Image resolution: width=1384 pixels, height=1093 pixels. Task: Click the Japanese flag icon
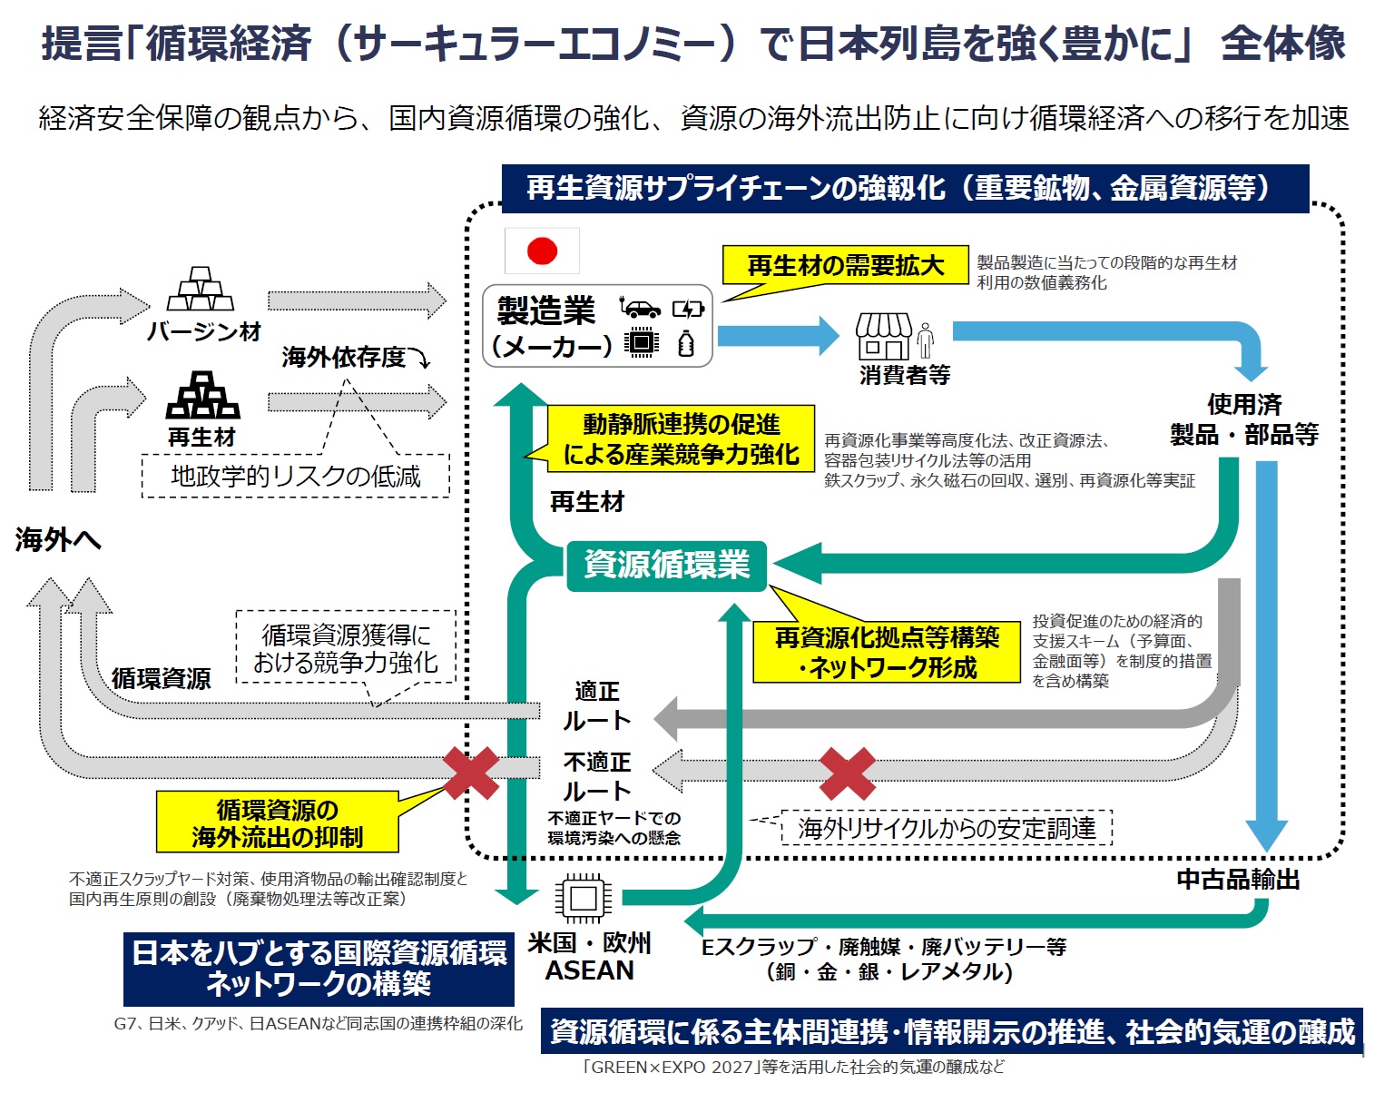click(542, 251)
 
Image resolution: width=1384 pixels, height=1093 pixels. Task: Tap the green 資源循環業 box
click(667, 566)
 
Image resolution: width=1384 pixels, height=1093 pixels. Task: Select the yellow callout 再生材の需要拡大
click(845, 265)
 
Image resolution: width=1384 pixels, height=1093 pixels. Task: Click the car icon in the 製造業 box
click(641, 309)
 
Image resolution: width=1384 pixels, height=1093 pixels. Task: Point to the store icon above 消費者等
click(883, 337)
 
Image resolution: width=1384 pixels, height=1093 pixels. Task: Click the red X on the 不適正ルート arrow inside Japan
click(847, 773)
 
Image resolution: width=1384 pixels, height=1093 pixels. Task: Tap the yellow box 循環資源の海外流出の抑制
click(278, 822)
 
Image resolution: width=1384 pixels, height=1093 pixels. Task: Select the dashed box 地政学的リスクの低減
click(296, 476)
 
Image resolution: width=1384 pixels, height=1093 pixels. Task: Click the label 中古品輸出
click(1238, 879)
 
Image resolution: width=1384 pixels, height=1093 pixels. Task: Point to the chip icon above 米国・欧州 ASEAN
click(583, 899)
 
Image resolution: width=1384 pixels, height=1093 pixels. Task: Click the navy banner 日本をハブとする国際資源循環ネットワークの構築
click(319, 969)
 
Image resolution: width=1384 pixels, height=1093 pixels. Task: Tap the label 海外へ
click(58, 540)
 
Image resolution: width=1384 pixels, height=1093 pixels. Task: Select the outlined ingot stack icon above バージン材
click(201, 290)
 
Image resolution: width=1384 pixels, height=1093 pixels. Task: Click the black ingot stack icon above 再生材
click(202, 396)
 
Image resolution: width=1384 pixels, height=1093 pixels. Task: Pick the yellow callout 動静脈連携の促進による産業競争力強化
click(681, 439)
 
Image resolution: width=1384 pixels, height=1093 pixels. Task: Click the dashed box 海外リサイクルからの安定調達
click(947, 828)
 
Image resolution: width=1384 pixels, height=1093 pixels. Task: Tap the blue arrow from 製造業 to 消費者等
click(778, 336)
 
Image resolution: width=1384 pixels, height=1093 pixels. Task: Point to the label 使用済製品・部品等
click(1244, 419)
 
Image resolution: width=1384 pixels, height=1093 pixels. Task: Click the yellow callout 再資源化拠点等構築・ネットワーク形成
click(887, 653)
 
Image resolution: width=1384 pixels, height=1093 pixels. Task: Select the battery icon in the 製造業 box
click(688, 310)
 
